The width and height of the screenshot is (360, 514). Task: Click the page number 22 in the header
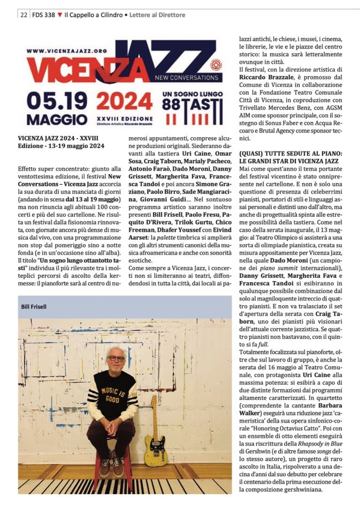(24, 15)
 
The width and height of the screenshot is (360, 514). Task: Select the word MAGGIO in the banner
(57, 118)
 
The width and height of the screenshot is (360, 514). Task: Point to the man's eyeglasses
(116, 358)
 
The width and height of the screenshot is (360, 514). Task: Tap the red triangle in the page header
(60, 15)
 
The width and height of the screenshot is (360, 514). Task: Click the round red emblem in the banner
(216, 65)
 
